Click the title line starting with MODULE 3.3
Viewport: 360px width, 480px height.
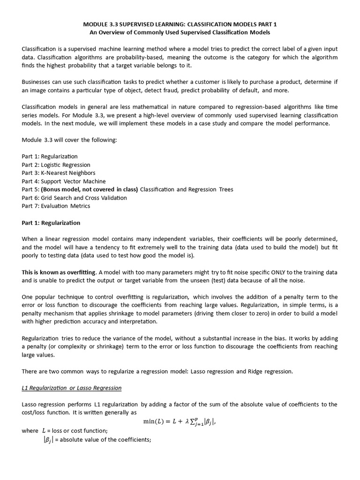point(180,24)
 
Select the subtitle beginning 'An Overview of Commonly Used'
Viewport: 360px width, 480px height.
point(180,32)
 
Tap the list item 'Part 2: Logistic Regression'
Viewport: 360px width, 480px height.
point(56,165)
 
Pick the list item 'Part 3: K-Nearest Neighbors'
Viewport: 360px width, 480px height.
point(59,173)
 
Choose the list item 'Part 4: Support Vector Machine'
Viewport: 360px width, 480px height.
point(64,181)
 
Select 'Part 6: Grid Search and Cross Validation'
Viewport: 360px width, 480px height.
point(74,198)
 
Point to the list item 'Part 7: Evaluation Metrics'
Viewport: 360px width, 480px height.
point(56,206)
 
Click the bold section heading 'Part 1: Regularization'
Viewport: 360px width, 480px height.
point(51,223)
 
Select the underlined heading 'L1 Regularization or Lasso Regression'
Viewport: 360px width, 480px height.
point(72,388)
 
